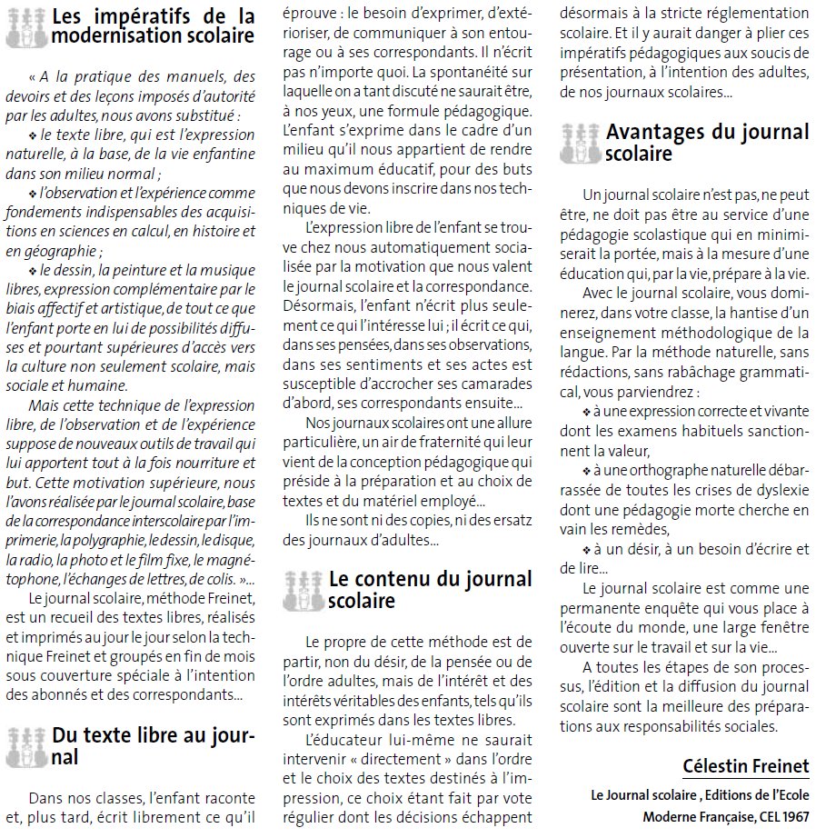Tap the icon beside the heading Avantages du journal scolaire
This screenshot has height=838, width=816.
(x=580, y=143)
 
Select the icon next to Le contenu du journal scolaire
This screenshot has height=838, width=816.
(x=303, y=590)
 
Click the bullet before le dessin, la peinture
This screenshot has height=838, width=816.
(x=32, y=272)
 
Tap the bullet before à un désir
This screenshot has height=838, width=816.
(x=586, y=550)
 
